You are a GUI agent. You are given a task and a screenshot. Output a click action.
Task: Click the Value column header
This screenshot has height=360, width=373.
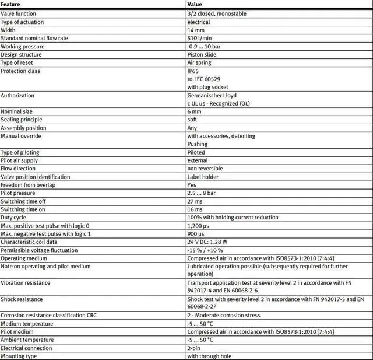[x=195, y=5]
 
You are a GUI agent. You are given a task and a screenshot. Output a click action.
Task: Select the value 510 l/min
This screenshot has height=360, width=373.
[x=199, y=39]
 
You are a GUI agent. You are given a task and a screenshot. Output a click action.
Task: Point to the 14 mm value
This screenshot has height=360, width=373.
[x=195, y=30]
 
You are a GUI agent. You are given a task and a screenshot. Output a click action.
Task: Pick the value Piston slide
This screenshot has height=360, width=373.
[x=202, y=55]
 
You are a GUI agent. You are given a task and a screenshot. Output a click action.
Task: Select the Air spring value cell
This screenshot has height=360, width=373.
[x=199, y=63]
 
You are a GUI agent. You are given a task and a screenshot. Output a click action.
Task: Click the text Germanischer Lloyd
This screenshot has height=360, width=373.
[x=212, y=95]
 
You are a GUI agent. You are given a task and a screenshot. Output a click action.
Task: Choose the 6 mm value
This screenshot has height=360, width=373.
[x=194, y=111]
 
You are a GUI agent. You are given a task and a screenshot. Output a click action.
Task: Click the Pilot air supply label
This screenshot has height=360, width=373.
[x=19, y=160]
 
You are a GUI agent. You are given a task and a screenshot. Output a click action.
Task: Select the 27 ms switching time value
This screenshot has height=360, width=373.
[x=195, y=201]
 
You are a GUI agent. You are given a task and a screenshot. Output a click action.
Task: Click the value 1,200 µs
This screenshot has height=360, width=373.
[x=198, y=226]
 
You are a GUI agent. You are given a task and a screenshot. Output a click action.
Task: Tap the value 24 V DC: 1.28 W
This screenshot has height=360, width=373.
[x=207, y=242]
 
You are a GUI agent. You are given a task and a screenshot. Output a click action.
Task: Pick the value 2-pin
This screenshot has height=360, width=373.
[x=194, y=348]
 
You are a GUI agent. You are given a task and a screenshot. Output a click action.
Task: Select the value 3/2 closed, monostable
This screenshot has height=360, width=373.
[x=217, y=14]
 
